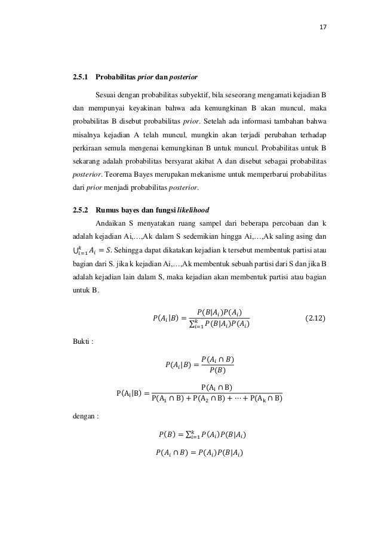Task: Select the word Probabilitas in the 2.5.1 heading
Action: pyautogui.click(x=118, y=78)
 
